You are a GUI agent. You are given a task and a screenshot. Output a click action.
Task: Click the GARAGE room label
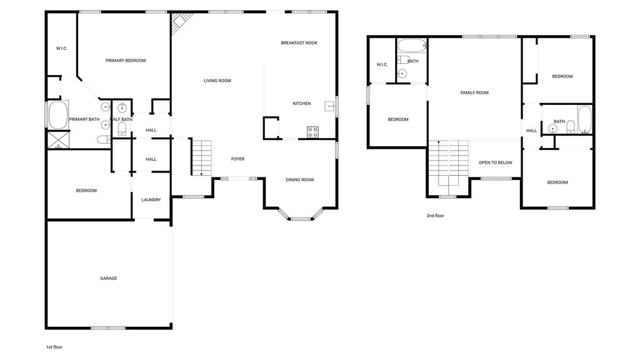109,278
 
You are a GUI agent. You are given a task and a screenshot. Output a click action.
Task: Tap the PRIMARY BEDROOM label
126,61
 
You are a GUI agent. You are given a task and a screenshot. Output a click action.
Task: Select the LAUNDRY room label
151,200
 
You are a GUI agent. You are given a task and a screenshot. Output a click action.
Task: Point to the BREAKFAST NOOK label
299,43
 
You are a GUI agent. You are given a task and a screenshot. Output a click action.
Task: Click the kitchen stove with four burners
312,132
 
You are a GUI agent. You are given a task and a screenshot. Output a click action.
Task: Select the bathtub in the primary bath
58,115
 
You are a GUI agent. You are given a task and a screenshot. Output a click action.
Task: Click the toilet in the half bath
122,129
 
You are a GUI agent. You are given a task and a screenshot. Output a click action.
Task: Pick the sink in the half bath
122,107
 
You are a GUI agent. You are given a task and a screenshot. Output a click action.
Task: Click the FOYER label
238,159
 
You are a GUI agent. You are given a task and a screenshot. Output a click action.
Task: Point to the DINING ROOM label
299,179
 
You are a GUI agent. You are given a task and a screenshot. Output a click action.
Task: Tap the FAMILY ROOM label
474,92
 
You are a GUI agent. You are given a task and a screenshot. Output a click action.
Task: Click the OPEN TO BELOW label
496,162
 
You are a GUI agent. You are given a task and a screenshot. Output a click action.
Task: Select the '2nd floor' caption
435,216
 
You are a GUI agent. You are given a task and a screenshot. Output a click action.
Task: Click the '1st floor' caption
54,347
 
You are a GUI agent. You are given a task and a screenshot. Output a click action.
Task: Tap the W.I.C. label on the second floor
382,64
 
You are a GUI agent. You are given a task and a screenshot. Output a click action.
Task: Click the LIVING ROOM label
217,81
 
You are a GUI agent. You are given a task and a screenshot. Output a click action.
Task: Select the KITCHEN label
302,104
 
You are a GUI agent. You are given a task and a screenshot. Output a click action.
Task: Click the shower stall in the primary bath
58,139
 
